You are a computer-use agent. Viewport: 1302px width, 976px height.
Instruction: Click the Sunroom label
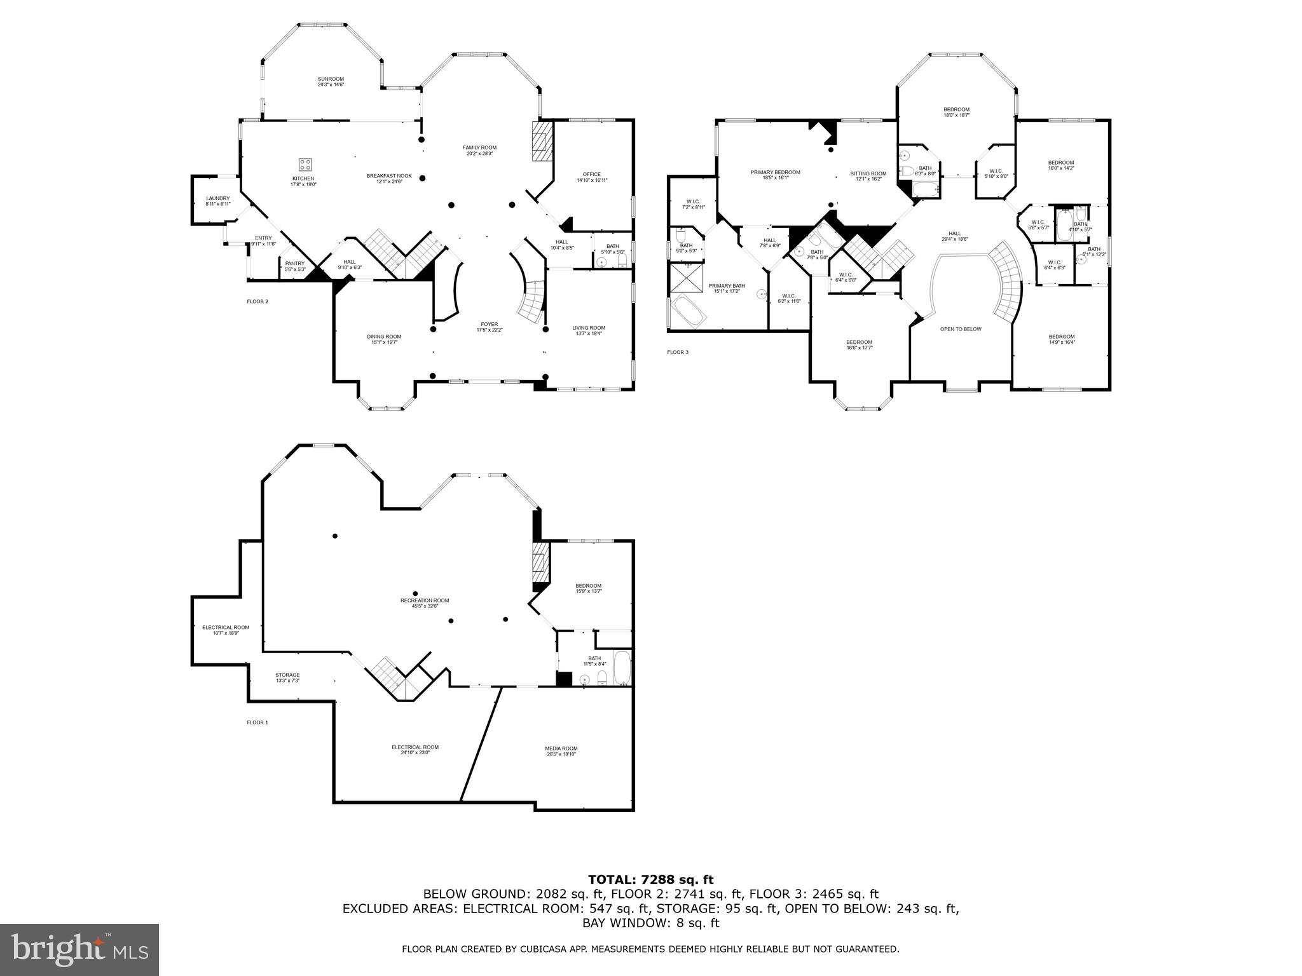(331, 82)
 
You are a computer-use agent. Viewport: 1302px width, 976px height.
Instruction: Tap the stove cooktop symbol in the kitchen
(306, 164)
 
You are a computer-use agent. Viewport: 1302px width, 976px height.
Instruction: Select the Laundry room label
(217, 201)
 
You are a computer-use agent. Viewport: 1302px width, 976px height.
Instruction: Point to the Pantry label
(294, 266)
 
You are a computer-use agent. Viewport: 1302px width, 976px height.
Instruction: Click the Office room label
(591, 177)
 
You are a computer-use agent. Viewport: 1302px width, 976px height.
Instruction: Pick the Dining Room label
(384, 339)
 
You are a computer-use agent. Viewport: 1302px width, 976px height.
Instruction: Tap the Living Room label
(589, 330)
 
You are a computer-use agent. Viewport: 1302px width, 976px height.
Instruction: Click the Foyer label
(489, 327)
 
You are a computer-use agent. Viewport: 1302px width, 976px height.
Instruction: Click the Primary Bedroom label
(775, 175)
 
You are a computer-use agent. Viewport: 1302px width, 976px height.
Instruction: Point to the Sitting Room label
(868, 176)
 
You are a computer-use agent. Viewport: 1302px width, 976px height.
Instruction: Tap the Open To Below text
(961, 329)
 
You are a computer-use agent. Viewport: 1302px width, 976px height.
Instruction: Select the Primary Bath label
(727, 288)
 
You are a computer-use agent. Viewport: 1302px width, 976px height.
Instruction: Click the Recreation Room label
(425, 602)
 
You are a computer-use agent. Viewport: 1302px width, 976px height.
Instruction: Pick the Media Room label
(561, 750)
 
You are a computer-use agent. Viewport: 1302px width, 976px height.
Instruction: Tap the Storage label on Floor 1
(287, 677)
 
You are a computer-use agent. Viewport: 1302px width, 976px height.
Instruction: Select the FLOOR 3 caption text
(677, 352)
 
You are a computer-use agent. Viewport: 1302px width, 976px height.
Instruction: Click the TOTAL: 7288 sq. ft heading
(650, 879)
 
